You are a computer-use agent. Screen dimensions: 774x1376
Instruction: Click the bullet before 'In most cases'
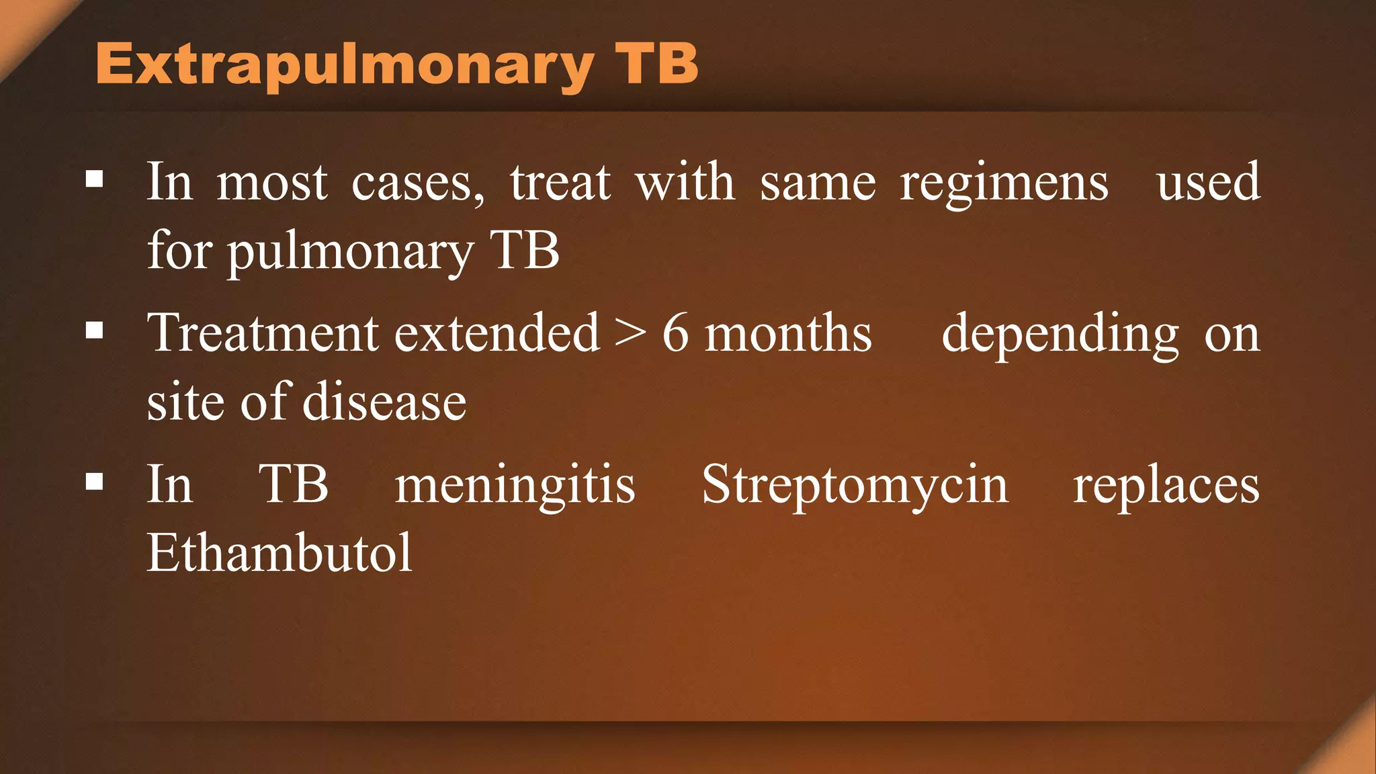[x=95, y=179]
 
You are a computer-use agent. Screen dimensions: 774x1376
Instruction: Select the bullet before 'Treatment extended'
[x=95, y=331]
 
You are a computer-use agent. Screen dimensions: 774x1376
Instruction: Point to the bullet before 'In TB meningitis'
[x=95, y=482]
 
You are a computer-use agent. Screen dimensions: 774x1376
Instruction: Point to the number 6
[x=675, y=333]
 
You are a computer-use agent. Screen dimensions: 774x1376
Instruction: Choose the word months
[x=788, y=333]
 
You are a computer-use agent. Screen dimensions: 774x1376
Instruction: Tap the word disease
[x=384, y=402]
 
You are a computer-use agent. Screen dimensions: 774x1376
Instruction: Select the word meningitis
[x=515, y=485]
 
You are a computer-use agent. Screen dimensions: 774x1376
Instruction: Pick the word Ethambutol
[x=279, y=553]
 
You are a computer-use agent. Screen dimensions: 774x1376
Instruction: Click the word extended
[x=497, y=333]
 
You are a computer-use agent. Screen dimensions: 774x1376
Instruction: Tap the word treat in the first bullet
[x=560, y=183]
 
